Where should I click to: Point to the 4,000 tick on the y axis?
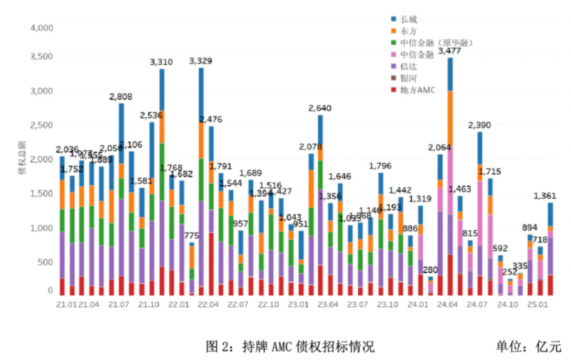pyautogui.click(x=41, y=28)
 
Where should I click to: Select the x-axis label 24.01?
pyautogui.click(x=417, y=305)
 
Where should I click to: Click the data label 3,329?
pyautogui.click(x=200, y=61)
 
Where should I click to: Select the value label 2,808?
pyautogui.click(x=121, y=97)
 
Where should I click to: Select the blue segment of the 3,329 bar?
pyautogui.click(x=201, y=94)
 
